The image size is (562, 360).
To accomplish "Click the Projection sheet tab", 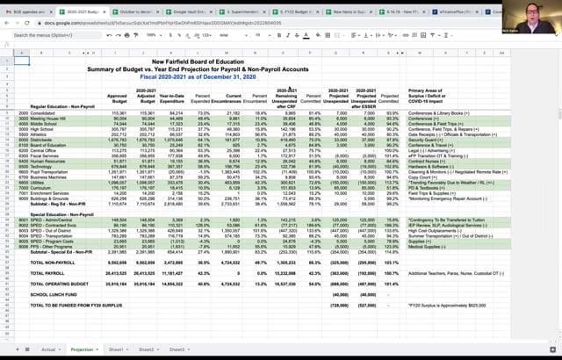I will [x=81, y=349].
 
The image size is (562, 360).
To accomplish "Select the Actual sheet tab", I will [x=49, y=349].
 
